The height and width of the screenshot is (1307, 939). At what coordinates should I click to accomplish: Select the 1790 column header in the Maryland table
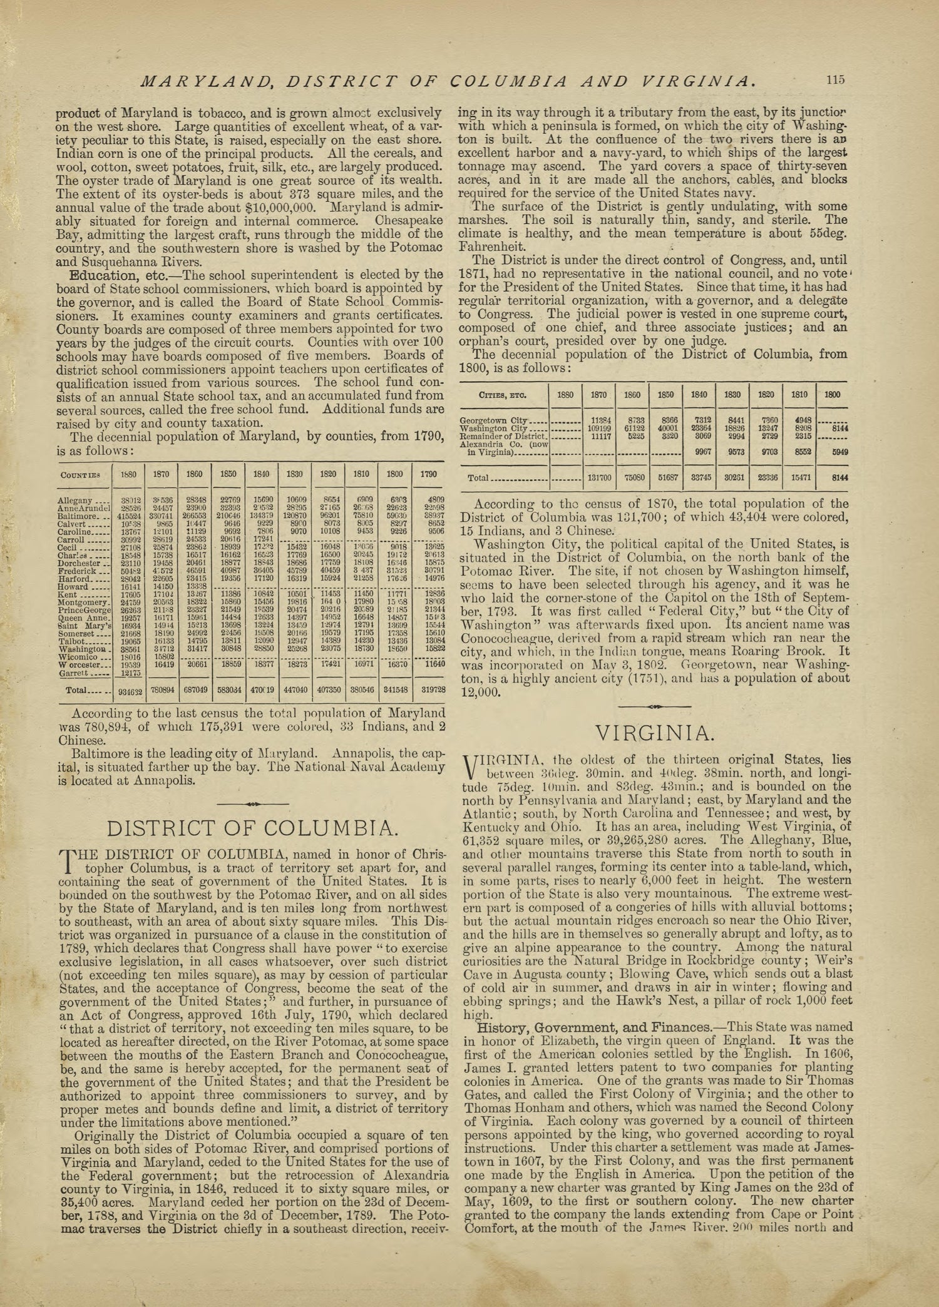tap(429, 475)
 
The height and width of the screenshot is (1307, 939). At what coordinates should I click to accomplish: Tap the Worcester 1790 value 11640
tap(431, 665)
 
